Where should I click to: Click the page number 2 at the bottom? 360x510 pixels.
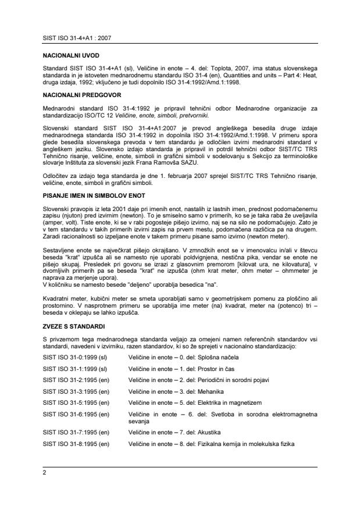[45, 473]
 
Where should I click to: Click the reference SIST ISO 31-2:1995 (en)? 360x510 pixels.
[76, 380]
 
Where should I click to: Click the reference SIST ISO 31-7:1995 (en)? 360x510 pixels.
[76, 433]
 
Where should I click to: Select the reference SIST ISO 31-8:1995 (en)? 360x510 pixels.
[76, 444]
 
